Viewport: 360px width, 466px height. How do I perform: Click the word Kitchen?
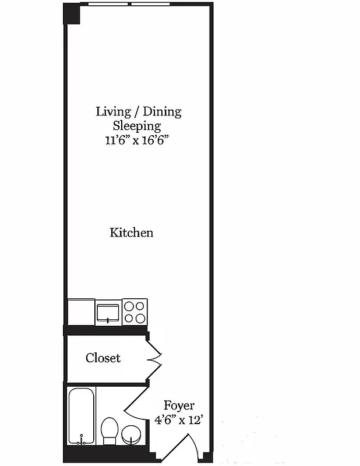click(x=132, y=233)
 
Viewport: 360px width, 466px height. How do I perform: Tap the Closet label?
click(x=103, y=358)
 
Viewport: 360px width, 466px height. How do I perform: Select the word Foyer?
click(x=179, y=405)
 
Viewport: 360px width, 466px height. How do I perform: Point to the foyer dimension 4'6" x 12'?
click(x=179, y=420)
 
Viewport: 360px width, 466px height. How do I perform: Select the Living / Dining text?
click(x=139, y=111)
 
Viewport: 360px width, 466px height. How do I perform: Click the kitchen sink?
click(x=108, y=312)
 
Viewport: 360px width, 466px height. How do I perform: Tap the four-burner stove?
click(x=135, y=311)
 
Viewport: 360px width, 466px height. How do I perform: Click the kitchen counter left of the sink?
click(x=81, y=312)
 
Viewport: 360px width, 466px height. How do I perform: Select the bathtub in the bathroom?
click(x=82, y=416)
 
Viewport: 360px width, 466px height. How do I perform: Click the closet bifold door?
click(x=155, y=358)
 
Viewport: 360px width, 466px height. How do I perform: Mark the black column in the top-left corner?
click(x=72, y=13)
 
